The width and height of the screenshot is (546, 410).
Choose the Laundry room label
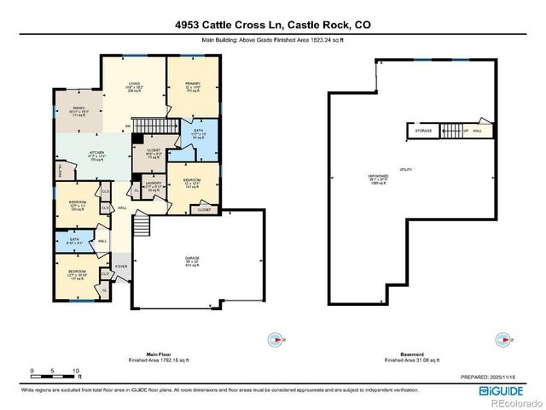tap(154, 186)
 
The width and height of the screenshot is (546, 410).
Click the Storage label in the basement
tap(423, 131)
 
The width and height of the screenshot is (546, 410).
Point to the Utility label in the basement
tap(406, 170)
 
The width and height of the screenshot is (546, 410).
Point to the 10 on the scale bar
tap(77, 371)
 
